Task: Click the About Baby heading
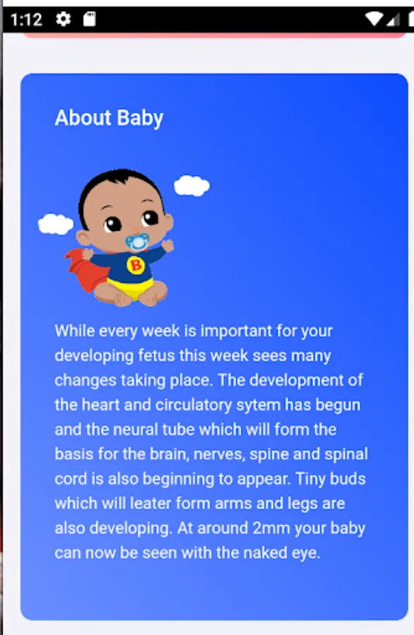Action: click(x=109, y=119)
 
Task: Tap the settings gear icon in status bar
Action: click(x=63, y=19)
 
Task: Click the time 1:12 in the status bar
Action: click(x=26, y=20)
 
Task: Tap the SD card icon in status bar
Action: click(x=90, y=19)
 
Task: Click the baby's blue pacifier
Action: click(x=138, y=242)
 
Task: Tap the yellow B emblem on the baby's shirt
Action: click(x=136, y=265)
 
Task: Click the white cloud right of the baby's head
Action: click(x=192, y=186)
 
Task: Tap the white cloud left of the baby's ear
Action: click(x=56, y=224)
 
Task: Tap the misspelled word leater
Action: click(x=150, y=503)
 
